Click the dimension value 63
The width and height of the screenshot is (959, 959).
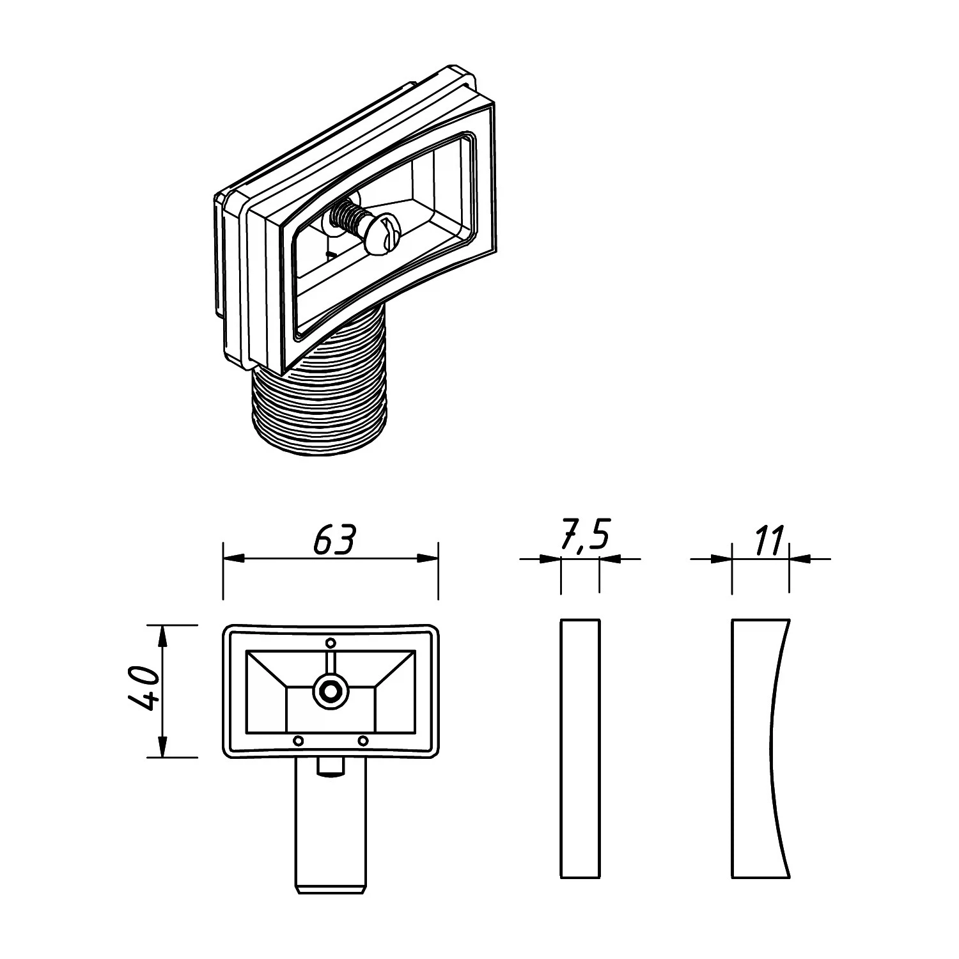[334, 541]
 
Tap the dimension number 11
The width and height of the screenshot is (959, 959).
[768, 541]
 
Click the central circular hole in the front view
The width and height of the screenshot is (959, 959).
[330, 691]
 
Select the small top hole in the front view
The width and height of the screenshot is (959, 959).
[331, 643]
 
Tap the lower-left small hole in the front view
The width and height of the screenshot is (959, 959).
[297, 740]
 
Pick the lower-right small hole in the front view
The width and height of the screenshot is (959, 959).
[363, 740]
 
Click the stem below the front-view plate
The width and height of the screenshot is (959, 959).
[331, 825]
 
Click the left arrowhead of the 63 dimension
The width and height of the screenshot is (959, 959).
[233, 559]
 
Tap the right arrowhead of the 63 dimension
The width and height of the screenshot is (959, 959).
[427, 559]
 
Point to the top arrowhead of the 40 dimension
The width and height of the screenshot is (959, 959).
[162, 635]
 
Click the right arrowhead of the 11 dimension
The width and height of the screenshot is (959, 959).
[800, 559]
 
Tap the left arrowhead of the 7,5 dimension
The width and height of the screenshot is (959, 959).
[550, 559]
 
